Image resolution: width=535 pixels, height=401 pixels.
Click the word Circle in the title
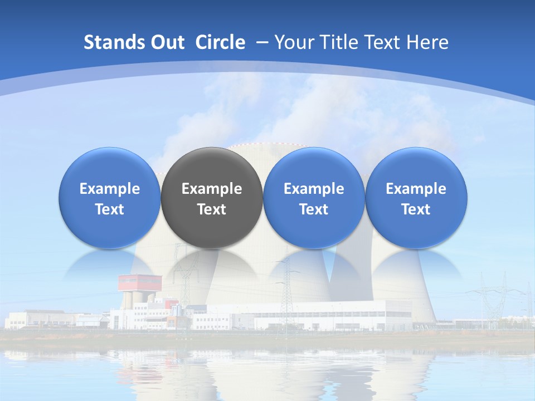(x=220, y=42)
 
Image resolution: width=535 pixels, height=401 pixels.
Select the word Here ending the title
(x=429, y=42)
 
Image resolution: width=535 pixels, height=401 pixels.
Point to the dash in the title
(x=262, y=42)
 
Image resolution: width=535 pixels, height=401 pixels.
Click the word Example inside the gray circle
(x=212, y=189)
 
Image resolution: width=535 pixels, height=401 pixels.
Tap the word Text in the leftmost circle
(x=110, y=209)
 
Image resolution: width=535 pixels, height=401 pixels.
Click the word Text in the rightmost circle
(x=416, y=209)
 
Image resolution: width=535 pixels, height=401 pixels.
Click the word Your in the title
(x=293, y=42)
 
